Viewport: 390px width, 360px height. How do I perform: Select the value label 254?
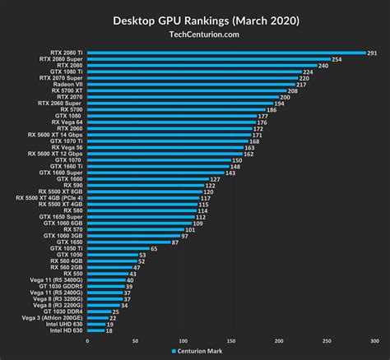tap(337, 59)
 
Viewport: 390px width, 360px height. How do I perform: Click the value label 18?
tap(109, 331)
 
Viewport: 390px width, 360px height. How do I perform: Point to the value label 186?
tap(272, 110)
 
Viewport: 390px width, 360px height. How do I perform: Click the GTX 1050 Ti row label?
tap(63, 248)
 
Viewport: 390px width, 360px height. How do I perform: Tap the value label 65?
tap(155, 248)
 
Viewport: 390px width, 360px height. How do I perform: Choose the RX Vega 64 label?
tap(64, 122)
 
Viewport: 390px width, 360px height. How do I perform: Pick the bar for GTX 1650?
tap(128, 242)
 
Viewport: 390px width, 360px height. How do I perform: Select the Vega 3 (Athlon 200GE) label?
tap(51, 318)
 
